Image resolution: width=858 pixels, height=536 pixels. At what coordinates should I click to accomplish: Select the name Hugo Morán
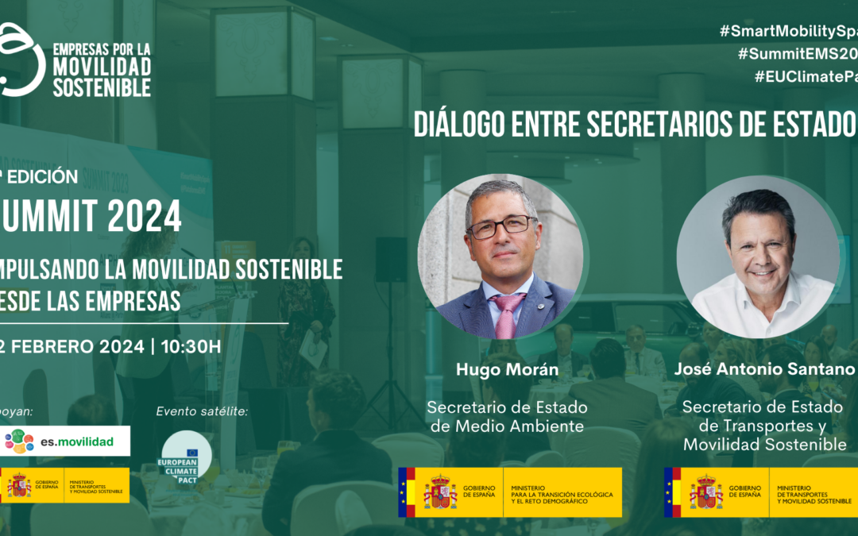tap(507, 369)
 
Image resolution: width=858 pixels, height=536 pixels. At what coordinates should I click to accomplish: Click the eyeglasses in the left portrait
tap(501, 226)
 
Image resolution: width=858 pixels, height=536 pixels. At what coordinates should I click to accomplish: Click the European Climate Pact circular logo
tap(186, 457)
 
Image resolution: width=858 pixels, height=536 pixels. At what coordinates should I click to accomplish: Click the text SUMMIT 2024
tap(91, 216)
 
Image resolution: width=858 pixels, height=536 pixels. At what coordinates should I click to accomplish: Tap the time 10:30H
tap(191, 346)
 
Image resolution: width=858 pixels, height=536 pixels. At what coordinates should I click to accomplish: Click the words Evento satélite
tap(202, 411)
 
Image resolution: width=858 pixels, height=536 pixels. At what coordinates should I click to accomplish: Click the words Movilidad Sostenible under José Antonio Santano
tap(764, 445)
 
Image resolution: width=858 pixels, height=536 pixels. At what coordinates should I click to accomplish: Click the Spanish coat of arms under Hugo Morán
tap(439, 492)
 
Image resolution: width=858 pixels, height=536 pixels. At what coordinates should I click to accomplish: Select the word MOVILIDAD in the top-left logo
tap(101, 67)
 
